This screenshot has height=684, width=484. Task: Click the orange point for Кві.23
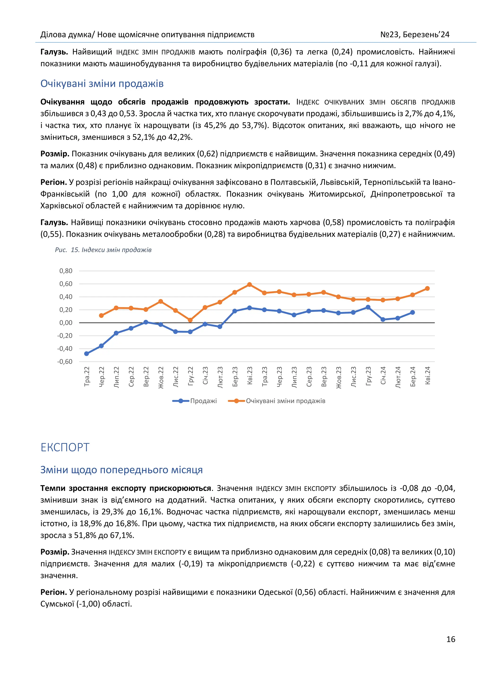coord(250,285)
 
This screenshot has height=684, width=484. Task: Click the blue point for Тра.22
coord(86,354)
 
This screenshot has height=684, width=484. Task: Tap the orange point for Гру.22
coord(190,320)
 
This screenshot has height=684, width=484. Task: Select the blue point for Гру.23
coord(368,307)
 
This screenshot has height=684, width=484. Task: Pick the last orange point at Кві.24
coord(427,288)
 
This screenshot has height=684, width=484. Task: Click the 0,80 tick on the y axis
coord(66,271)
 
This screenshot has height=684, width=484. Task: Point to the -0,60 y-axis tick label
coord(65,362)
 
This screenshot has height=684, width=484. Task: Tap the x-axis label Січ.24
coord(383,376)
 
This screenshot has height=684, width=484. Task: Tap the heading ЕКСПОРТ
coord(65,448)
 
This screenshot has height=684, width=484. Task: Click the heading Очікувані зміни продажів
coord(102,84)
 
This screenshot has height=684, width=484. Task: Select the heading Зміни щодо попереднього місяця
coord(121,470)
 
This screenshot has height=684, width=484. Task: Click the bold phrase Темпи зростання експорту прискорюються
coord(126,488)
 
